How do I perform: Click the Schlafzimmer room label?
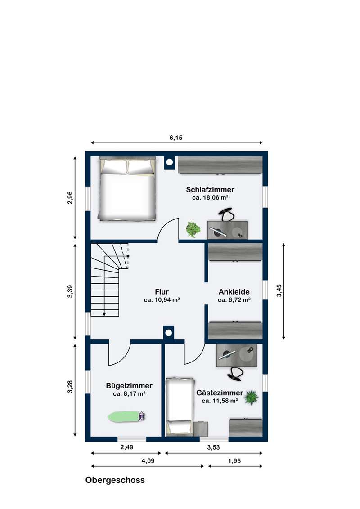210,190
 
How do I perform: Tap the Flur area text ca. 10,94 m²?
162,300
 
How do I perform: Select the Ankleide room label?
234,291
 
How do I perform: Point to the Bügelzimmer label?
129,386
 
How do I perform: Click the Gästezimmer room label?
220,393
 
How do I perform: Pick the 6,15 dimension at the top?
176,138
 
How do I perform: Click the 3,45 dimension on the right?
279,290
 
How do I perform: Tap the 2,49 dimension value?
127,447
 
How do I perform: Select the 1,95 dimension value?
234,460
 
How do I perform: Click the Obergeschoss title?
115,480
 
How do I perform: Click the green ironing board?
126,416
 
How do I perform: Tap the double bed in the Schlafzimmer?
127,189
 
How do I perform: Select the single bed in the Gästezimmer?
180,406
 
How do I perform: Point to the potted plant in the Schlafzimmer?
193,229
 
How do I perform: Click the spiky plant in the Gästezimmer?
251,397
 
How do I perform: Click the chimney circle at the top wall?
169,162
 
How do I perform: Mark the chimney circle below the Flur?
168,333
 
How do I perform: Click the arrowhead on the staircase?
104,313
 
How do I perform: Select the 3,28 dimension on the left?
70,387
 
